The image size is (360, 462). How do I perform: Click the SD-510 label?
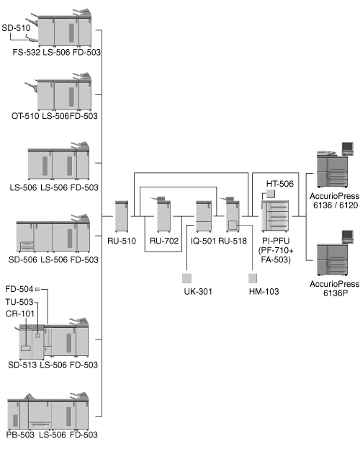point(16,28)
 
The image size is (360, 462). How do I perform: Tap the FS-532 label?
point(26,52)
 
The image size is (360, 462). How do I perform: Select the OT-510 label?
point(25,116)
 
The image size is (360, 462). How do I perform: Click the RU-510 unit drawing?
point(122,216)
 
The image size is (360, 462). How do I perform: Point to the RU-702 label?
point(164,241)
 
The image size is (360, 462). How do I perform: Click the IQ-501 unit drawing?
point(204,216)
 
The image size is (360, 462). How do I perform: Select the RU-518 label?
point(233,241)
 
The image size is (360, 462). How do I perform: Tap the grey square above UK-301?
point(186,278)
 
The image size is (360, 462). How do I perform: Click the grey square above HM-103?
point(253,278)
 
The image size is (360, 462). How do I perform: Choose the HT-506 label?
point(280,184)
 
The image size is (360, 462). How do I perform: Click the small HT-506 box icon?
point(271,194)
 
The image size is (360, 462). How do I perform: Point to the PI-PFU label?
point(276,241)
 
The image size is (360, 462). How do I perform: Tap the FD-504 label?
point(19,289)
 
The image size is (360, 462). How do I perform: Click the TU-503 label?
point(19,302)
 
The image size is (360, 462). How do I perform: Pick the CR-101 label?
point(20,314)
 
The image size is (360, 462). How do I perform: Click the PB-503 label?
point(20,435)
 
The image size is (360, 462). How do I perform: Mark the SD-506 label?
point(22,259)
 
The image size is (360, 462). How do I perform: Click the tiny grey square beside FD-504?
point(37,289)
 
